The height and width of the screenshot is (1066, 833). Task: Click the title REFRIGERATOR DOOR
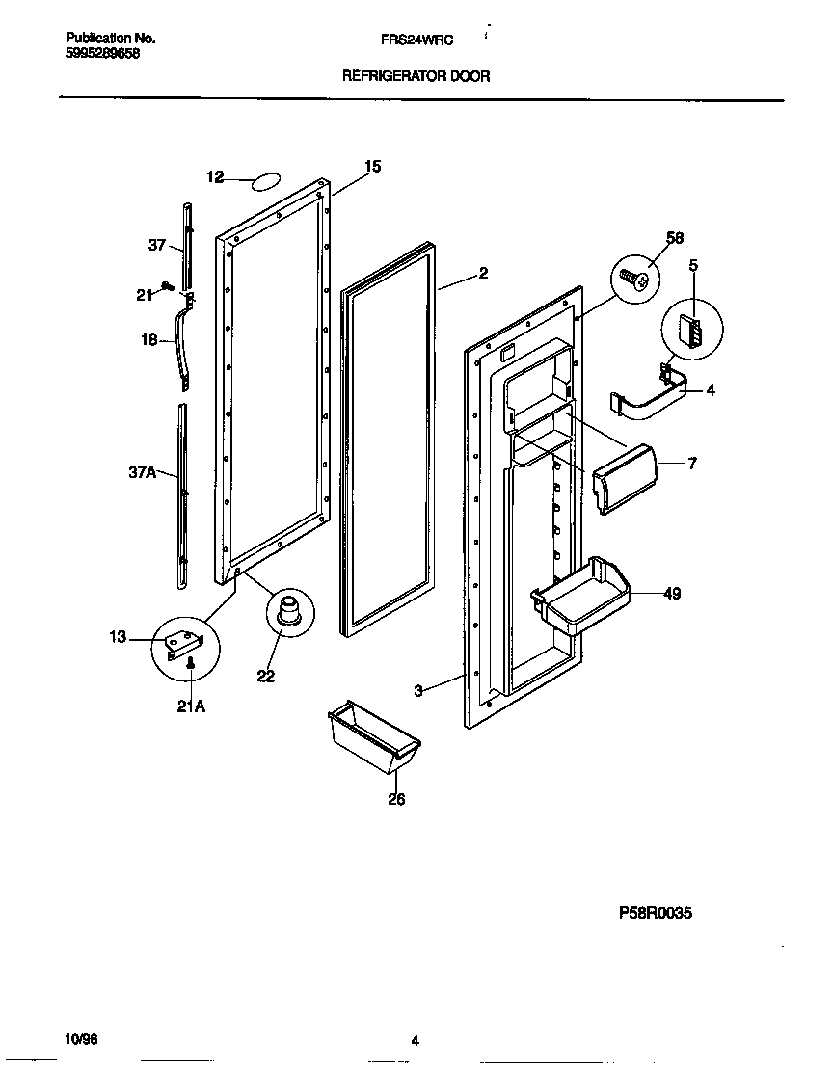click(x=416, y=76)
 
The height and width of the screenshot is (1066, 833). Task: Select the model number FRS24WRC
click(x=416, y=39)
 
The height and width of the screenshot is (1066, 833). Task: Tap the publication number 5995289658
click(x=103, y=54)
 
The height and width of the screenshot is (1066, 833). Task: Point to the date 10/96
click(x=81, y=1039)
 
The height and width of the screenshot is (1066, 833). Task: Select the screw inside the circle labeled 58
click(x=633, y=280)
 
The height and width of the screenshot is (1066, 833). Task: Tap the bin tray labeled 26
click(x=373, y=738)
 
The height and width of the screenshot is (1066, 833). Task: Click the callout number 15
click(x=372, y=167)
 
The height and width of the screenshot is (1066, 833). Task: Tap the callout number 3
click(x=418, y=690)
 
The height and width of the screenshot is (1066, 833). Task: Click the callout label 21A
click(x=191, y=706)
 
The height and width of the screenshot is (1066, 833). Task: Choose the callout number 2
click(x=482, y=274)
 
